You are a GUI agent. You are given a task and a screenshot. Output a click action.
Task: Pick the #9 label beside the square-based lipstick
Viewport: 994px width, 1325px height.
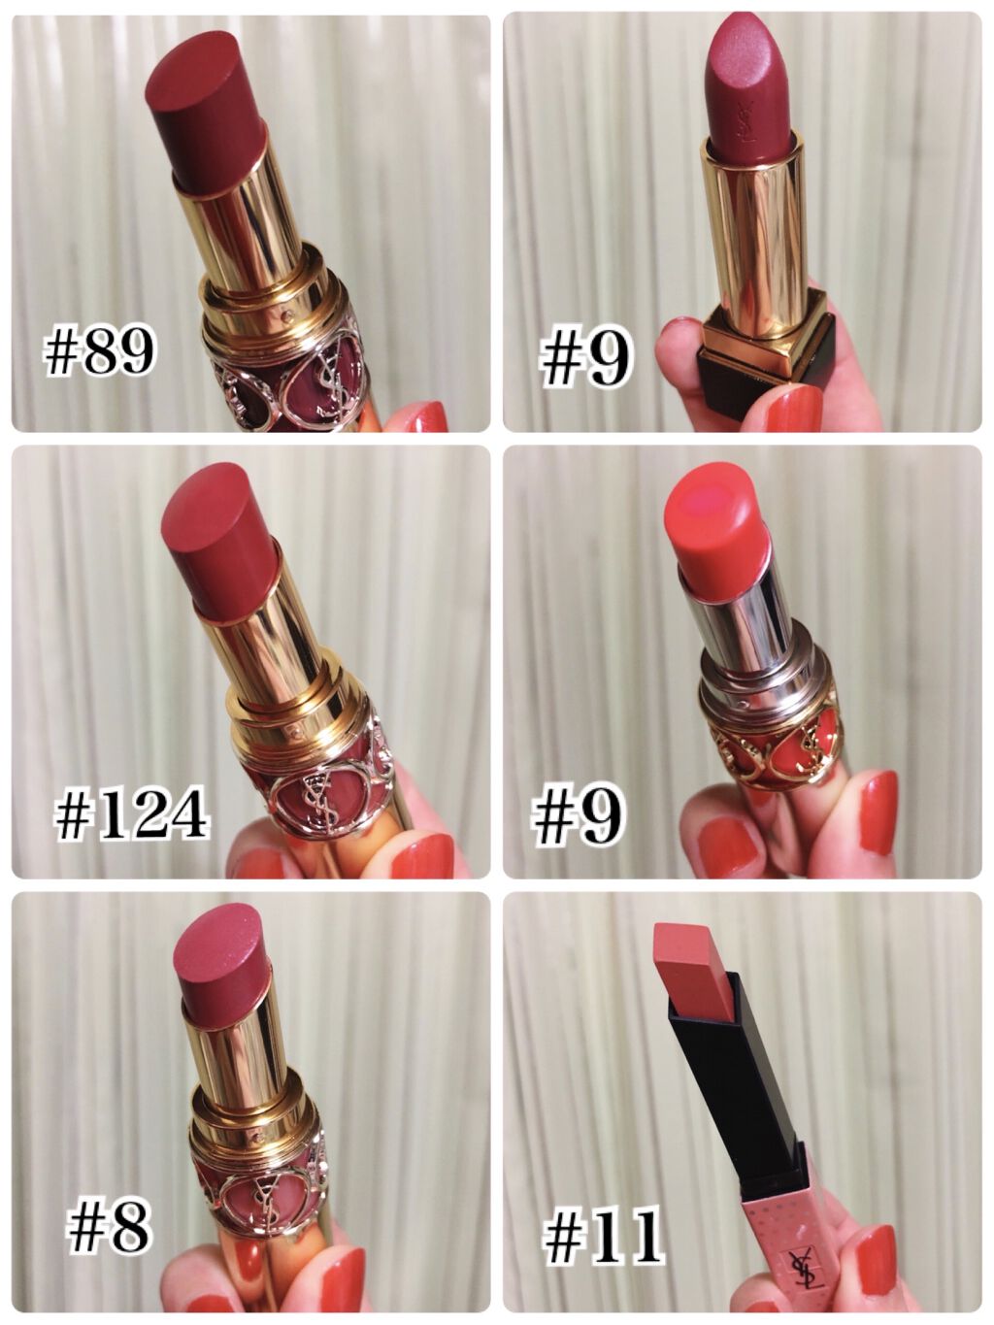(585, 360)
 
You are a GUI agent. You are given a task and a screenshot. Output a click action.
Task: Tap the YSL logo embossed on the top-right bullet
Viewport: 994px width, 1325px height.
(746, 122)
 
